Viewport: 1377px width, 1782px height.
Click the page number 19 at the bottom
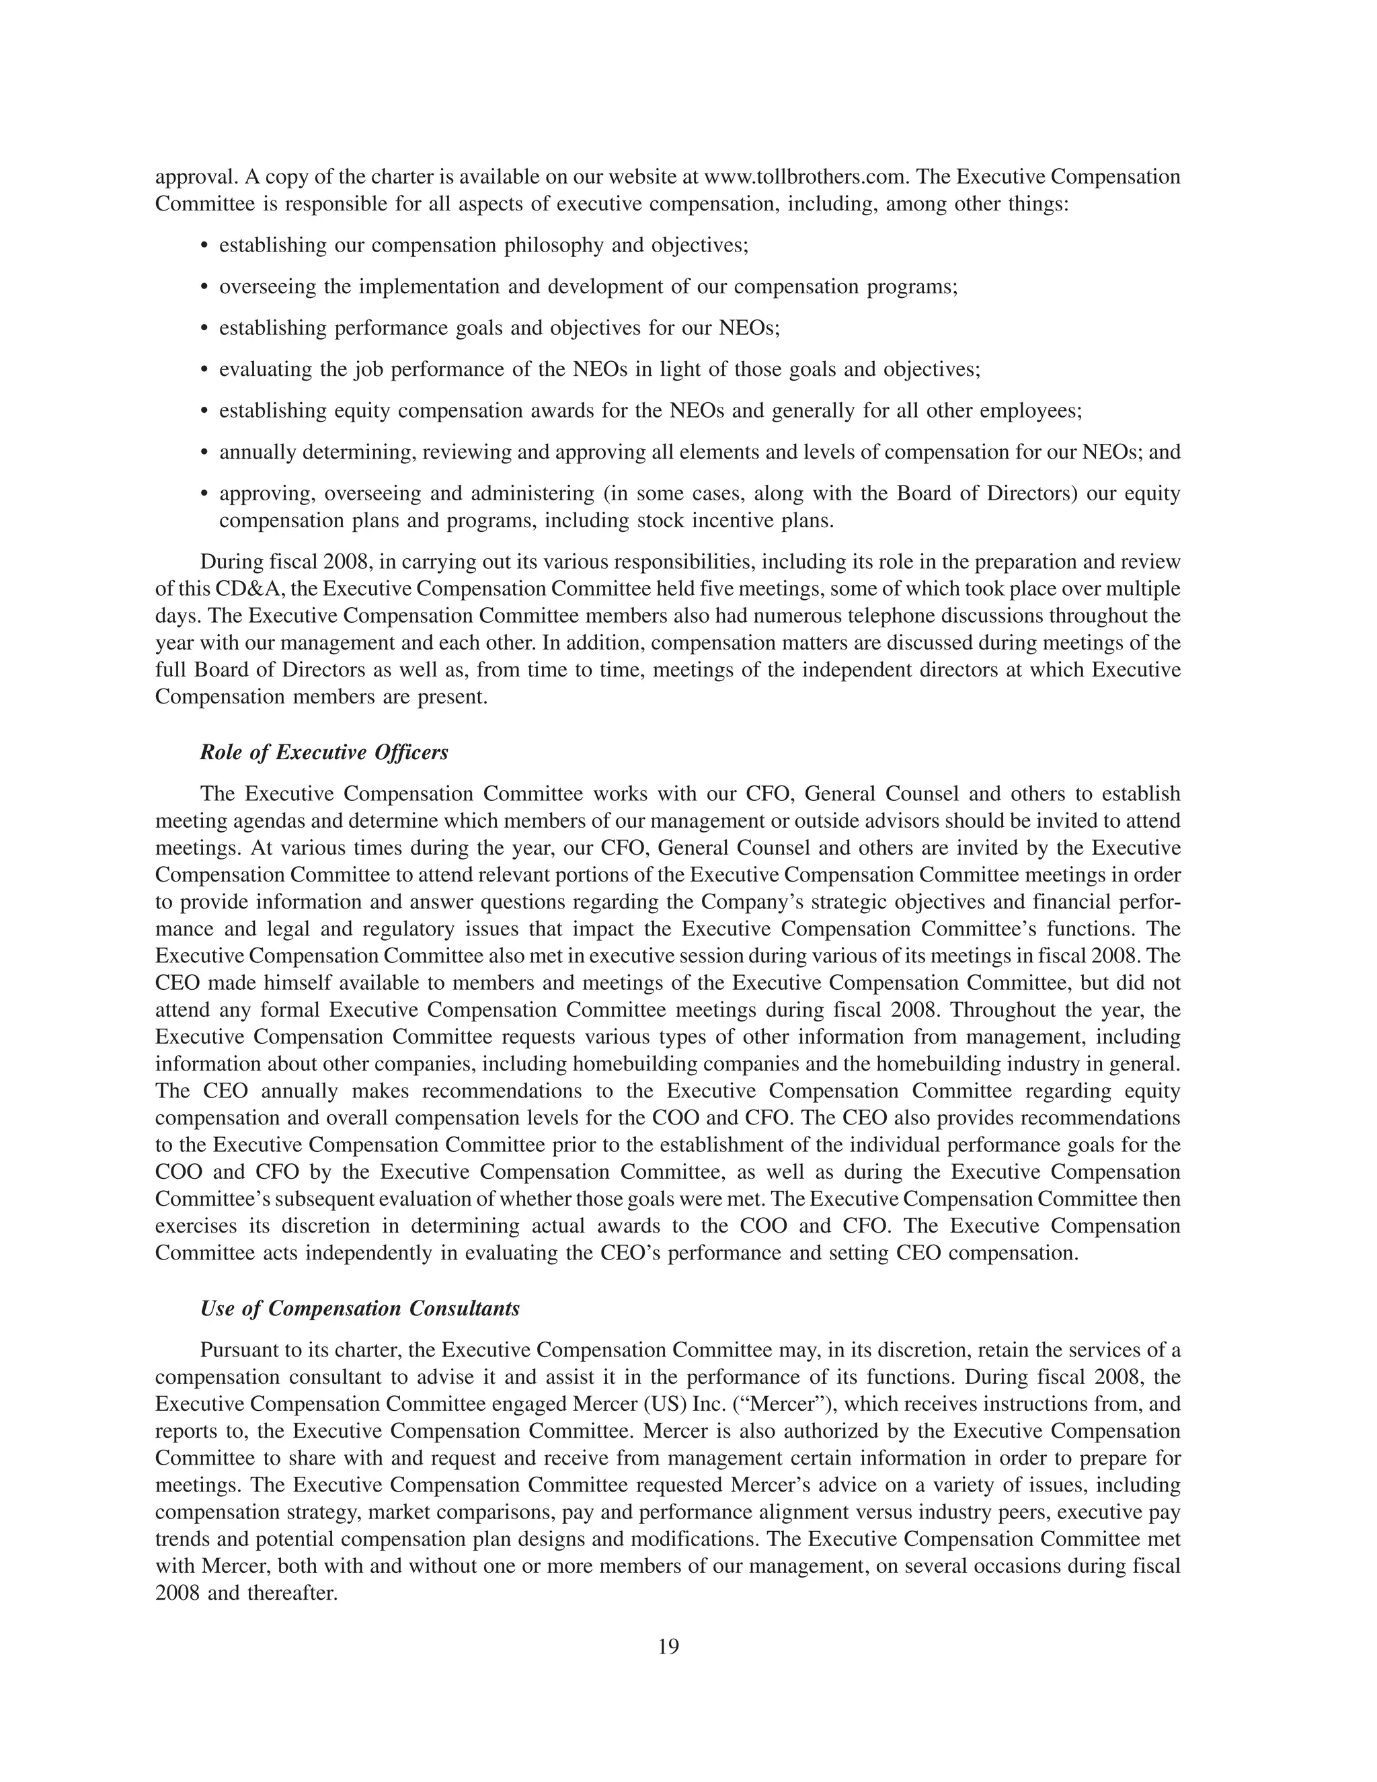tap(668, 1647)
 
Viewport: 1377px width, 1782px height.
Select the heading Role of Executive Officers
tap(324, 752)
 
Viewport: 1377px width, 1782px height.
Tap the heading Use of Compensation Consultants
tap(360, 1309)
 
